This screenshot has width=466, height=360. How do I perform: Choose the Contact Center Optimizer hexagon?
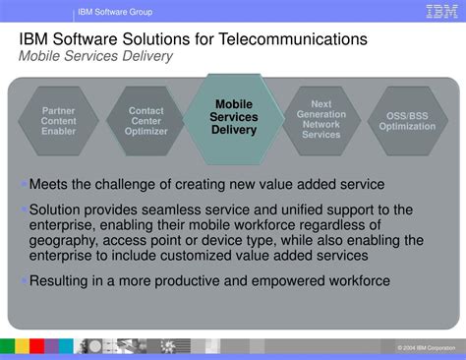146,121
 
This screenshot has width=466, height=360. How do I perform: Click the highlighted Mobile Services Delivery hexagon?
234,117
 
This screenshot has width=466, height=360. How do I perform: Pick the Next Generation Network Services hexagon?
321,119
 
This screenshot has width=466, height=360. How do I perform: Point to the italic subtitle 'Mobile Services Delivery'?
96,56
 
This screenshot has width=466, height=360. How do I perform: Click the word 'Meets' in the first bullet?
50,184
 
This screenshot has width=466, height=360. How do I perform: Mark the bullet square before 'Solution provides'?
24,209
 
